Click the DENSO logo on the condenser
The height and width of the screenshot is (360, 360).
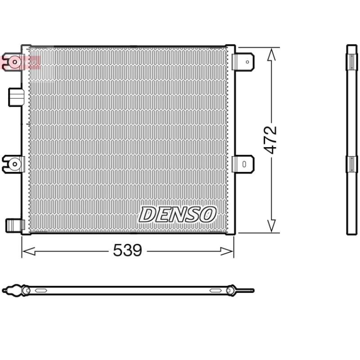click(177, 215)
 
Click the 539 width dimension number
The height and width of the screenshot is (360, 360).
click(128, 250)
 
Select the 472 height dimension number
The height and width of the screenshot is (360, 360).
click(270, 140)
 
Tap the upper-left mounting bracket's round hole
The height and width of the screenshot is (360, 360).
click(15, 62)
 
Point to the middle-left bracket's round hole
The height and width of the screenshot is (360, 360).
click(15, 164)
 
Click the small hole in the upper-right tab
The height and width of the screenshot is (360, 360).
click(247, 62)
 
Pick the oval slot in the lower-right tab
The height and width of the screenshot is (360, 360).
click(244, 164)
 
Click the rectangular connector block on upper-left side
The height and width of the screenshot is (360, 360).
click(16, 97)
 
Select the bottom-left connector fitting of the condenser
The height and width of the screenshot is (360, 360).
click(15, 225)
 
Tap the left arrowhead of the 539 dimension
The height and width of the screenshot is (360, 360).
click(28, 251)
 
